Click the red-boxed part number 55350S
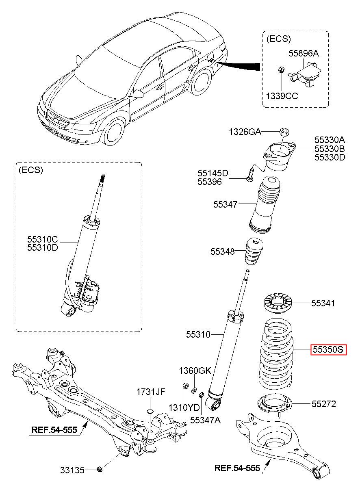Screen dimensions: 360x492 tap(328, 349)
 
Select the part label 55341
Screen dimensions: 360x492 tap(323, 303)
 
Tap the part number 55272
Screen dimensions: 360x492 tap(324, 404)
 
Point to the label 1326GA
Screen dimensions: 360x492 tap(245, 132)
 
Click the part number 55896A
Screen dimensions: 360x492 tap(304, 53)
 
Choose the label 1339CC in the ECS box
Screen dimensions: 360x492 tap(282, 96)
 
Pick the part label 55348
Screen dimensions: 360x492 tap(223, 251)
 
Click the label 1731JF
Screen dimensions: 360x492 tap(151, 392)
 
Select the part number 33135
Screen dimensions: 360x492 tap(72, 470)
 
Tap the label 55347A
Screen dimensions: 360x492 tap(205, 420)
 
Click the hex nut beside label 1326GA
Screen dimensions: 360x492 tap(284, 132)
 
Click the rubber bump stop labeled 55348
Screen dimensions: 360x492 tap(254, 251)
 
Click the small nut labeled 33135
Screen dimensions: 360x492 tap(100, 470)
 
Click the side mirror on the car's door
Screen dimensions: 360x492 tap(138, 93)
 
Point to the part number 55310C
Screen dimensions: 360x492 tap(43, 239)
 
